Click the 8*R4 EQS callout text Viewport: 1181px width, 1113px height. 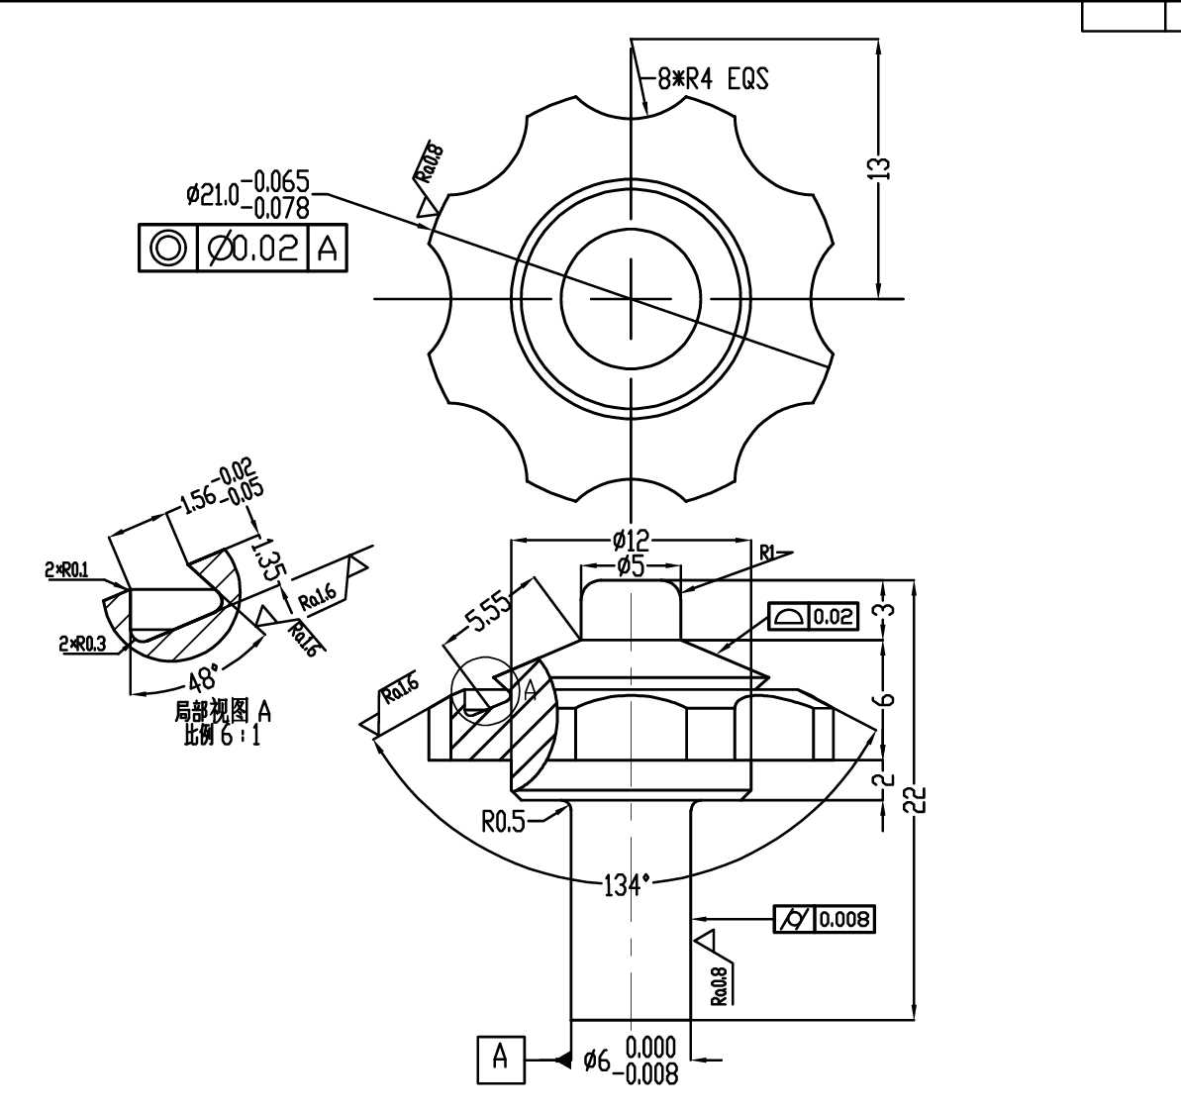click(x=713, y=78)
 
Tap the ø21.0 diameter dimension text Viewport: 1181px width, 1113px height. click(x=213, y=194)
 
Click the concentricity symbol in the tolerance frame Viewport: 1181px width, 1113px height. click(x=168, y=248)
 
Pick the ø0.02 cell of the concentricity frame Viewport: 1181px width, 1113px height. click(x=253, y=248)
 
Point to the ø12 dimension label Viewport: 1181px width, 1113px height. click(x=632, y=540)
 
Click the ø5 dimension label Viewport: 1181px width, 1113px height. click(x=632, y=566)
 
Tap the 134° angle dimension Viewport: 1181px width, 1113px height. click(x=627, y=884)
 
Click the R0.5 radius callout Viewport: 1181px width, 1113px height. click(x=503, y=821)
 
